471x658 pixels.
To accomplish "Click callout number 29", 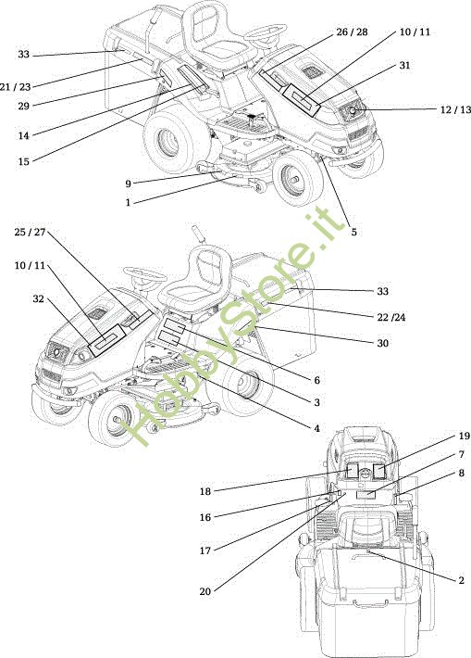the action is pos(23,106).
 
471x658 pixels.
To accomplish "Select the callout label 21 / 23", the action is pos(16,87).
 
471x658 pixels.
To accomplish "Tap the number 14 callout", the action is pos(23,135).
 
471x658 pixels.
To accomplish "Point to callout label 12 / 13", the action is pos(455,109).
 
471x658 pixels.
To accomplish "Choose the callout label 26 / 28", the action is pos(352,32).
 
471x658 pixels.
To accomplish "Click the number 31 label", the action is pos(404,65).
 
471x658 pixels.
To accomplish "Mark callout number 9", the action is pos(129,183).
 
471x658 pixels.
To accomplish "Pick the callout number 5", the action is pos(354,232).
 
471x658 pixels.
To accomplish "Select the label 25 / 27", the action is pos(30,232).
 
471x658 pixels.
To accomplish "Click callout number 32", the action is pos(39,298).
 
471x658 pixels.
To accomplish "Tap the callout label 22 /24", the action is pos(391,317).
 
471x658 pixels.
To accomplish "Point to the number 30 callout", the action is pos(382,343).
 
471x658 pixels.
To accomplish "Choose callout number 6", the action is pos(316,380).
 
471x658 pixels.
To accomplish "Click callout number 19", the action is pos(464,436).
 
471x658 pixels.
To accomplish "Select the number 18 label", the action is pos(205,491).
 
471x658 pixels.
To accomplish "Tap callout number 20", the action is pos(205,591).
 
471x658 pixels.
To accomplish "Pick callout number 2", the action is pos(462,580).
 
